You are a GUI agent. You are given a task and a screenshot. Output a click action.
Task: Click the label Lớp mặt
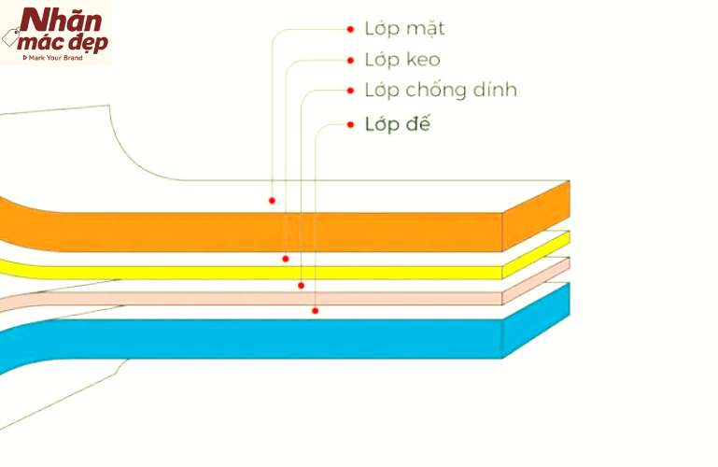coord(404,29)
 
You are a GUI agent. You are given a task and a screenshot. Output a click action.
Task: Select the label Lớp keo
coord(402,61)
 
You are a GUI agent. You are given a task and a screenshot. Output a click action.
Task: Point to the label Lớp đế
coord(398,124)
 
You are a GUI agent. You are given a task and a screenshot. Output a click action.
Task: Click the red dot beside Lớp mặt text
coord(350,29)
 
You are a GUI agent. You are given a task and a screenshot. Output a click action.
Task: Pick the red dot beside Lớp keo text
coord(350,61)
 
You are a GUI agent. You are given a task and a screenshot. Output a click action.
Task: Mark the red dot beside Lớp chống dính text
coord(350,91)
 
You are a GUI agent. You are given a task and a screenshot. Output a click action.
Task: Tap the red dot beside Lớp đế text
coord(350,123)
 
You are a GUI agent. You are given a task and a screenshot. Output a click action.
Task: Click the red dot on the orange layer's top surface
coord(272,200)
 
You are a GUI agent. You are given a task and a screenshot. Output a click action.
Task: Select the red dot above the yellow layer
coord(286,258)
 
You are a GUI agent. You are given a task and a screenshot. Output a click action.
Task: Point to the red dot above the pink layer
coord(301,285)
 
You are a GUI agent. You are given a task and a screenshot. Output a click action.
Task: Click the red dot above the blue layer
coord(315,310)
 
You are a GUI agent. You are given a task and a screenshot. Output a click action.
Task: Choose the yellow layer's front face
coord(280,272)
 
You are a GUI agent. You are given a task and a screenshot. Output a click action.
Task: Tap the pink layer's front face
coord(280,298)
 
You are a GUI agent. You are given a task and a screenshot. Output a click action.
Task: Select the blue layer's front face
coord(280,338)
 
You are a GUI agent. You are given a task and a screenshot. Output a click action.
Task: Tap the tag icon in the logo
coord(12,38)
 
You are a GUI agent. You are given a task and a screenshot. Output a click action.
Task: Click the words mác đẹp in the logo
coord(67,42)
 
